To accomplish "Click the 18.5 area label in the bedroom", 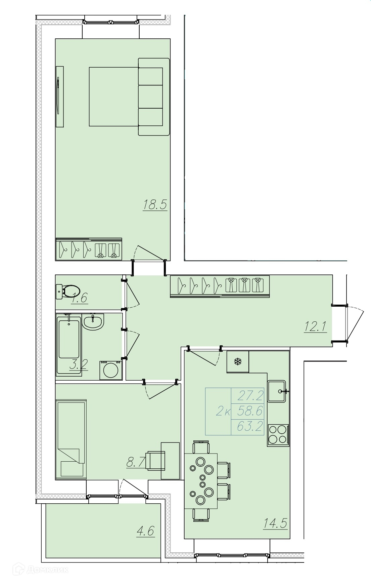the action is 155,204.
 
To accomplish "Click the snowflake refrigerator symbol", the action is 238,362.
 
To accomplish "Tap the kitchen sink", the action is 277,391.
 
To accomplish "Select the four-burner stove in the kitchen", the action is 278,435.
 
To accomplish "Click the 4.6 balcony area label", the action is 145,531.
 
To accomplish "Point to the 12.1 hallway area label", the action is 316,326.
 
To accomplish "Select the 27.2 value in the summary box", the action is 250,396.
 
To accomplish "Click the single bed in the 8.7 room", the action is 71,438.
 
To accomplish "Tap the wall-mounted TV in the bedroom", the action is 60,96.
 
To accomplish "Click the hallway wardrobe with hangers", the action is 220,286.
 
